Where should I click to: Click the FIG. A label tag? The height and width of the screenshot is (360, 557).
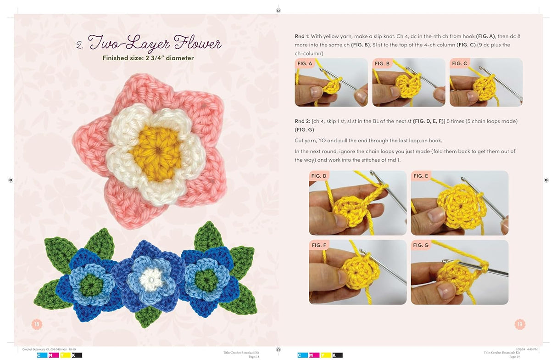305,63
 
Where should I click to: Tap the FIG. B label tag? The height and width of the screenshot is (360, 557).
382,63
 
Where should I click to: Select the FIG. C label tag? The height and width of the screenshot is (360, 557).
460,63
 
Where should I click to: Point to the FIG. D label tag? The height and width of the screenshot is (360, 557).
319,176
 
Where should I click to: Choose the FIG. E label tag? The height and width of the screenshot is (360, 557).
421,176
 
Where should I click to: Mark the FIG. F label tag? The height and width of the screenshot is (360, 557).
319,245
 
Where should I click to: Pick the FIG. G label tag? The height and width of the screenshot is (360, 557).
421,245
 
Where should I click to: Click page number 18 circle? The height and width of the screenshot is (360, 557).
37,324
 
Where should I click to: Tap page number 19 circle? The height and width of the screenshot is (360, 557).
520,324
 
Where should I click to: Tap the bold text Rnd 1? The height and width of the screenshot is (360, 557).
302,36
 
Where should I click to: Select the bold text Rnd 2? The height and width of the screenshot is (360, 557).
302,121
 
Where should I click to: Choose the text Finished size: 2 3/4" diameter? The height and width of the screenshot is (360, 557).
148,58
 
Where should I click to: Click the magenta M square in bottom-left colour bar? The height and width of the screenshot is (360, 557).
52,355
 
